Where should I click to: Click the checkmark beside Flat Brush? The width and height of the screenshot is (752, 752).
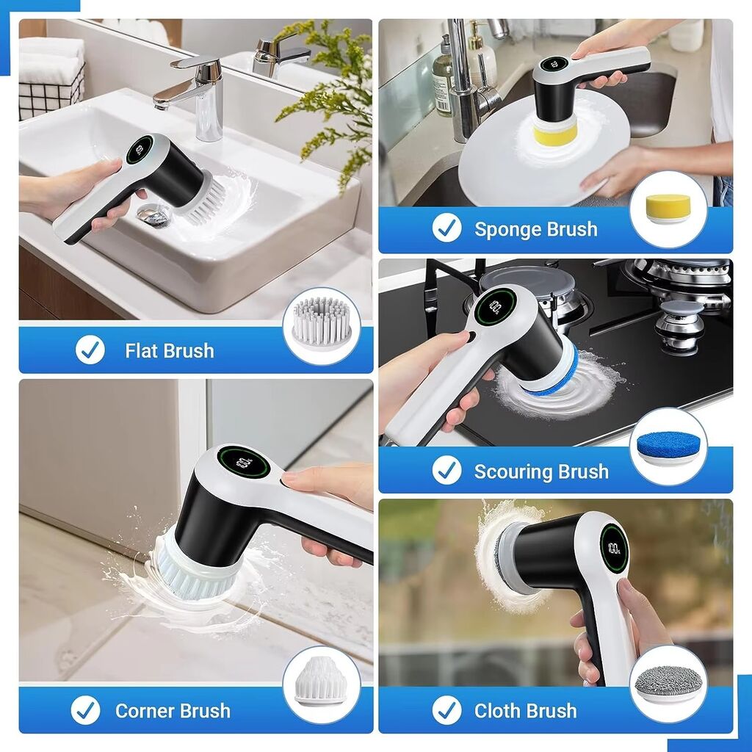pos(90,350)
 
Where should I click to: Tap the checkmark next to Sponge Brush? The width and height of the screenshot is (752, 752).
pos(446,228)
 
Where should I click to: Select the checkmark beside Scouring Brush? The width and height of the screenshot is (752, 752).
pos(446,470)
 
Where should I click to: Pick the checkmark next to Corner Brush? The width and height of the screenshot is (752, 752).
pos(85,710)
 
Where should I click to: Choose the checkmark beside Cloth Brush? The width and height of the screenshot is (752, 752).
pos(446,710)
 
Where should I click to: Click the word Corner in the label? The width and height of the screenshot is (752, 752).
pos(142,711)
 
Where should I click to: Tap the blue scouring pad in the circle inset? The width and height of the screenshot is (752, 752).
pos(668,448)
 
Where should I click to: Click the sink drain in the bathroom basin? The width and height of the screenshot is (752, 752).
pos(153,215)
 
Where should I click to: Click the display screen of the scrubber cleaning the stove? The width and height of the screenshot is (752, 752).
pos(495,306)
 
